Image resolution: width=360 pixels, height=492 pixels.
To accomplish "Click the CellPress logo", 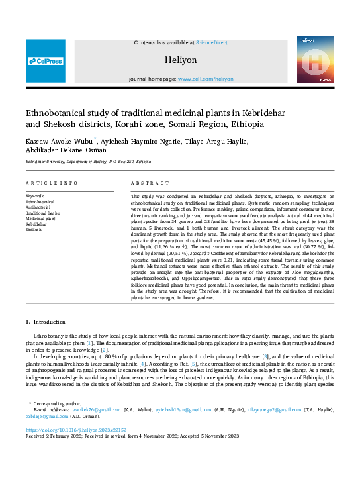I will [x=46, y=61].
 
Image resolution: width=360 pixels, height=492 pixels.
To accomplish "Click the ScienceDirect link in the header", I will [x=211, y=42].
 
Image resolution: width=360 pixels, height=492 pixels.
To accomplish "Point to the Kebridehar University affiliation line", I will [x=88, y=162].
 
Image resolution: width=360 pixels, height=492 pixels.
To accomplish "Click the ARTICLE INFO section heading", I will [x=52, y=183].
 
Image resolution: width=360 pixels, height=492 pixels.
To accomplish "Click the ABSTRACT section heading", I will [x=146, y=183].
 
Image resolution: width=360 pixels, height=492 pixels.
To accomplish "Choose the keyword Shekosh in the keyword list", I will [x=34, y=230].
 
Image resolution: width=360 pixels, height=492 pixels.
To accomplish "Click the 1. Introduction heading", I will [x=46, y=322].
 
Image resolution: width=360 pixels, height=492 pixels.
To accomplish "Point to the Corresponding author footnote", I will [x=57, y=403].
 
